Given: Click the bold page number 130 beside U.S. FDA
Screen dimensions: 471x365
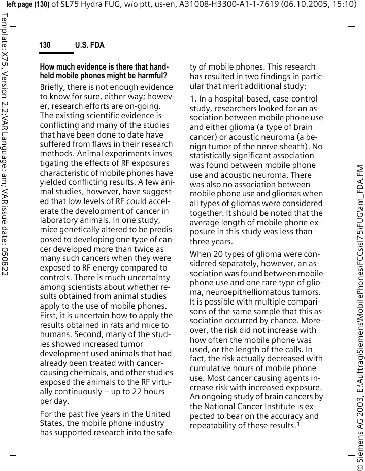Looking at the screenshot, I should click(x=45, y=46).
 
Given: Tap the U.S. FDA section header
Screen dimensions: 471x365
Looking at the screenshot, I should click(x=89, y=46).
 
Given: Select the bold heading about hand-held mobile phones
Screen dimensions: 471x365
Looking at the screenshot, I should click(x=104, y=71).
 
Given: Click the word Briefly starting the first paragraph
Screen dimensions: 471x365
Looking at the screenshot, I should click(x=52, y=87).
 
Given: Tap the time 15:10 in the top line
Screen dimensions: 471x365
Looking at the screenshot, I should click(x=341, y=5).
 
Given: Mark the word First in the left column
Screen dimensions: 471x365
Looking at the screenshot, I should click(x=49, y=316).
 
